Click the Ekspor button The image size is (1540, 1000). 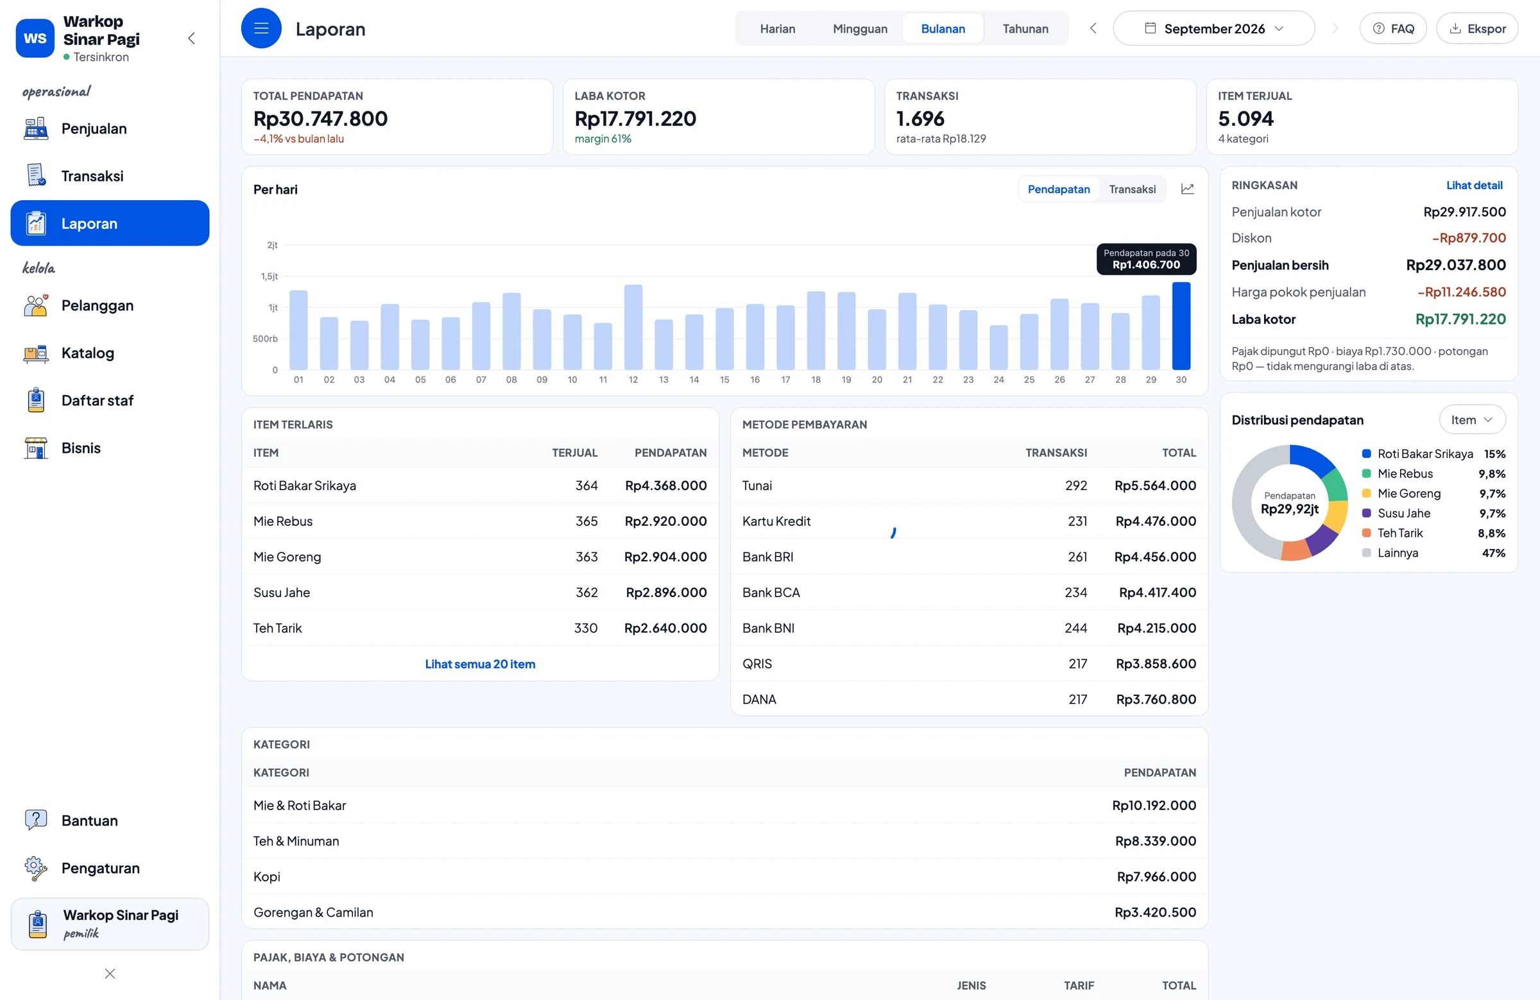coord(1476,28)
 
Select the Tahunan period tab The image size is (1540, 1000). coord(1025,28)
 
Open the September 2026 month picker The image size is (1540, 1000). coord(1213,28)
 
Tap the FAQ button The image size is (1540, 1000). coord(1392,28)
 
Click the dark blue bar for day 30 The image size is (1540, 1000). coord(1181,325)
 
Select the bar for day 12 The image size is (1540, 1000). coord(633,326)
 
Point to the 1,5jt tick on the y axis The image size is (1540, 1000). coord(269,276)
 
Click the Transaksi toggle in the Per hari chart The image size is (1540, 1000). coord(1132,189)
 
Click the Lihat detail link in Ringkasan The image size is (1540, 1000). coord(1474,185)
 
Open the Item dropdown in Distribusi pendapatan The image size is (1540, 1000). coord(1472,419)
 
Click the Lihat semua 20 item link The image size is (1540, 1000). coord(480,664)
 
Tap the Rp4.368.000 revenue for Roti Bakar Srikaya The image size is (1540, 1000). coord(665,485)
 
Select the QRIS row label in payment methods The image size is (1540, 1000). coord(757,664)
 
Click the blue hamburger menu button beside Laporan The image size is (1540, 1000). coord(261,28)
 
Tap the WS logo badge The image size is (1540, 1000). coord(35,38)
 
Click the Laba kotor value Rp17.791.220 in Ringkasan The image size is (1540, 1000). coord(1460,319)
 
